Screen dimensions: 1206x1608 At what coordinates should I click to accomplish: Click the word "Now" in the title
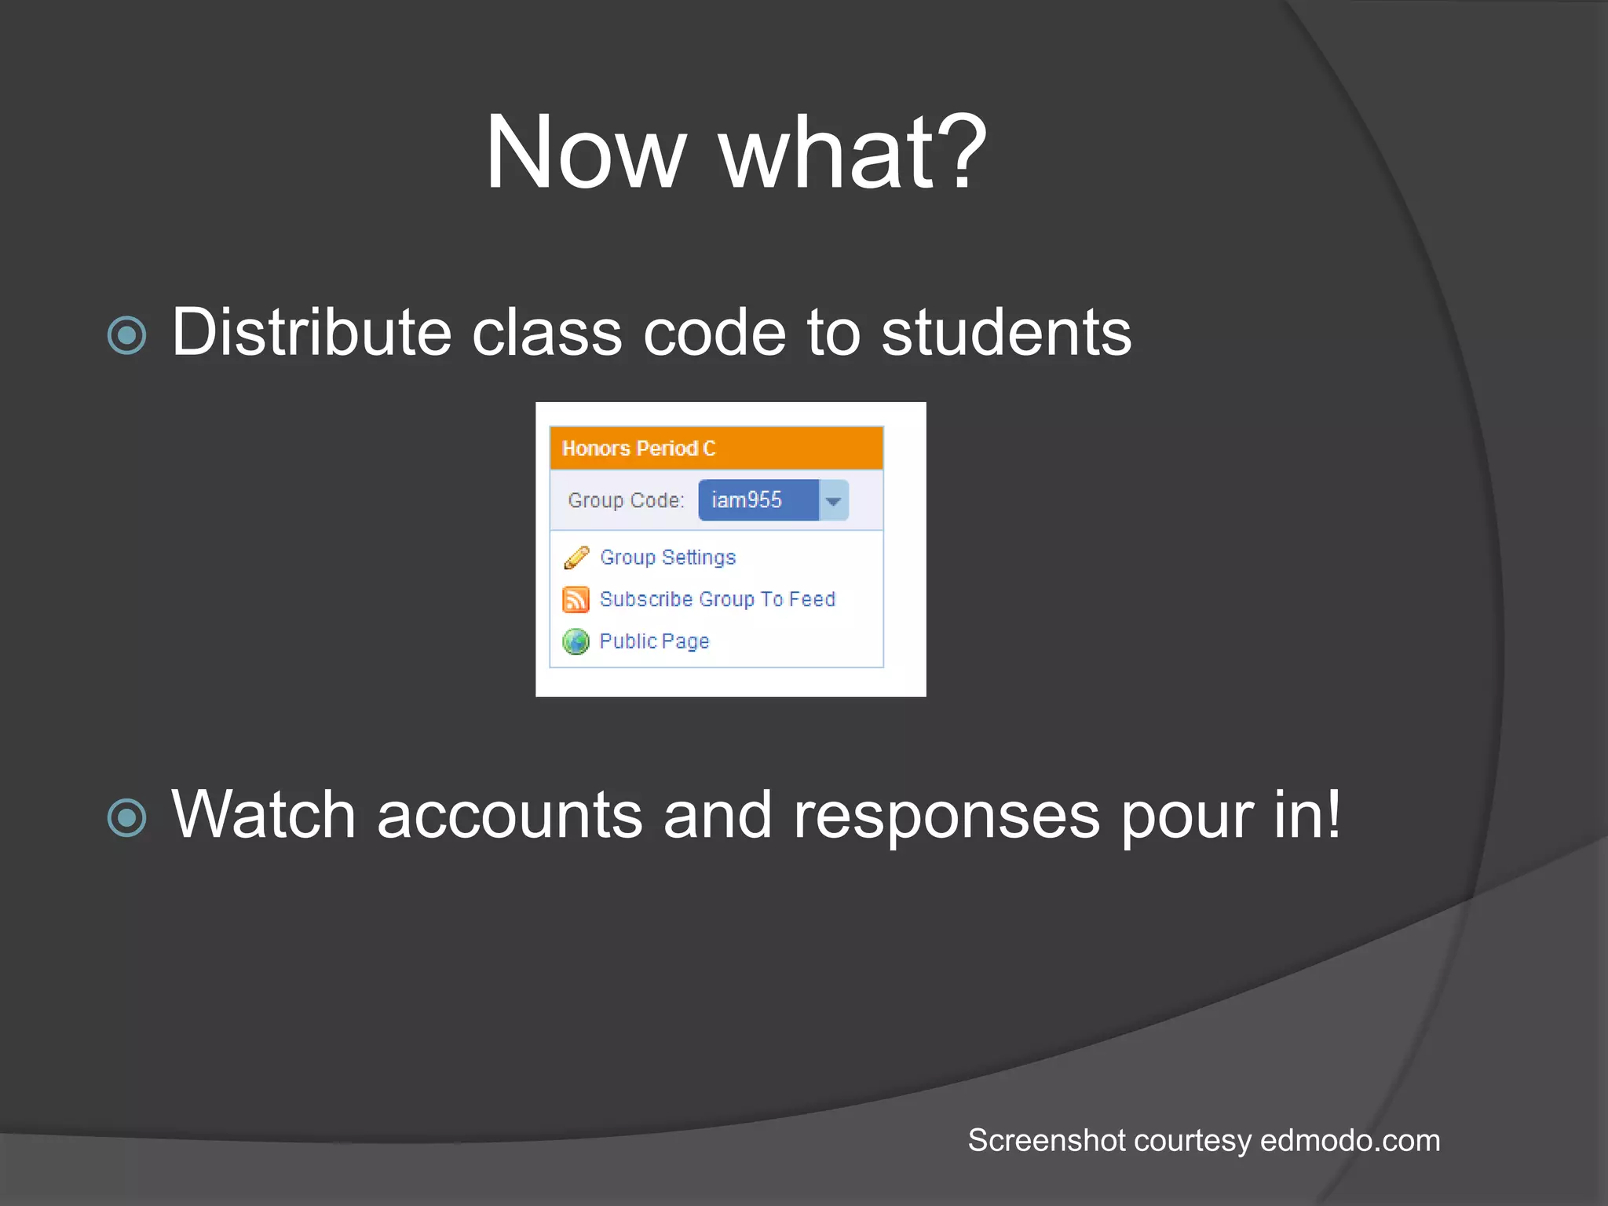586,152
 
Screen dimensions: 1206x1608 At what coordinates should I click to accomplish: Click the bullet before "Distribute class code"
127,336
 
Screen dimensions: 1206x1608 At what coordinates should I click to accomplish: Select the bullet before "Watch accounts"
127,817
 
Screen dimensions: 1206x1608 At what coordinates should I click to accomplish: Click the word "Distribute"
311,333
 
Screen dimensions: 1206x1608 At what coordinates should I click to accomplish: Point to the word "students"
1006,333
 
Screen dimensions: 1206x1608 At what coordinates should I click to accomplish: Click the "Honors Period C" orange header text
639,448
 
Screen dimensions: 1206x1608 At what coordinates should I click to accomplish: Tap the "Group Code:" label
626,500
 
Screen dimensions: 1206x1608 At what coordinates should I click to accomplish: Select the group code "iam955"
747,500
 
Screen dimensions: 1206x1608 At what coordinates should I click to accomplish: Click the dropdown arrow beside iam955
834,501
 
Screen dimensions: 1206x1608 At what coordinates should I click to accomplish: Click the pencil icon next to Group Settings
576,557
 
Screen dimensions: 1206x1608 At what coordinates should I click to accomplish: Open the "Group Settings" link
668,557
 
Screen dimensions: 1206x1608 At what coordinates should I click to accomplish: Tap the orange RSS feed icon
576,600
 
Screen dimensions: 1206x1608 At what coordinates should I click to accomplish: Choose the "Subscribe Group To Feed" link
718,599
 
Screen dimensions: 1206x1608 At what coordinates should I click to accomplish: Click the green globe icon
576,641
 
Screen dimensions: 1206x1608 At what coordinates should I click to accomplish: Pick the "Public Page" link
655,641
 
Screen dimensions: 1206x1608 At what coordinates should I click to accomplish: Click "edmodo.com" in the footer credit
1350,1141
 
